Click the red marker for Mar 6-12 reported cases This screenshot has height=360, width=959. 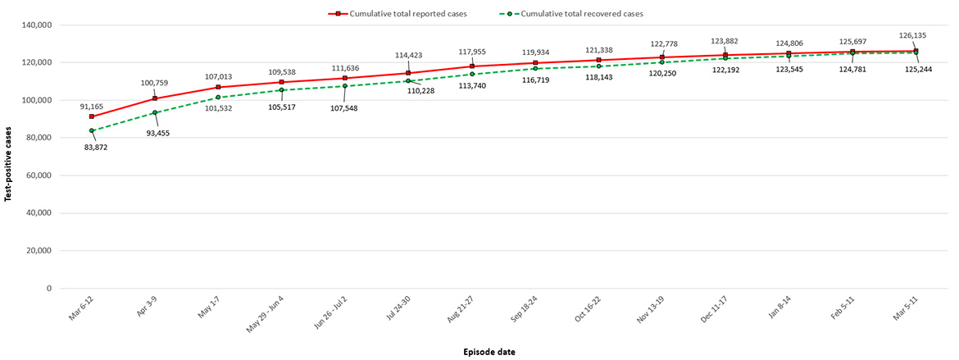[92, 116]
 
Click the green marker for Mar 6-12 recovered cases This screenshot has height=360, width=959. [92, 130]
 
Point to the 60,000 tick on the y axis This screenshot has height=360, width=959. [39, 175]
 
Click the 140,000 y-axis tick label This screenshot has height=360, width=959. [37, 25]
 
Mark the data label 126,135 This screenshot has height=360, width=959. [912, 36]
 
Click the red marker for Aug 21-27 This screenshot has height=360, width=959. [472, 66]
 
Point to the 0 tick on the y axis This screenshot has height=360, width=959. [49, 289]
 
